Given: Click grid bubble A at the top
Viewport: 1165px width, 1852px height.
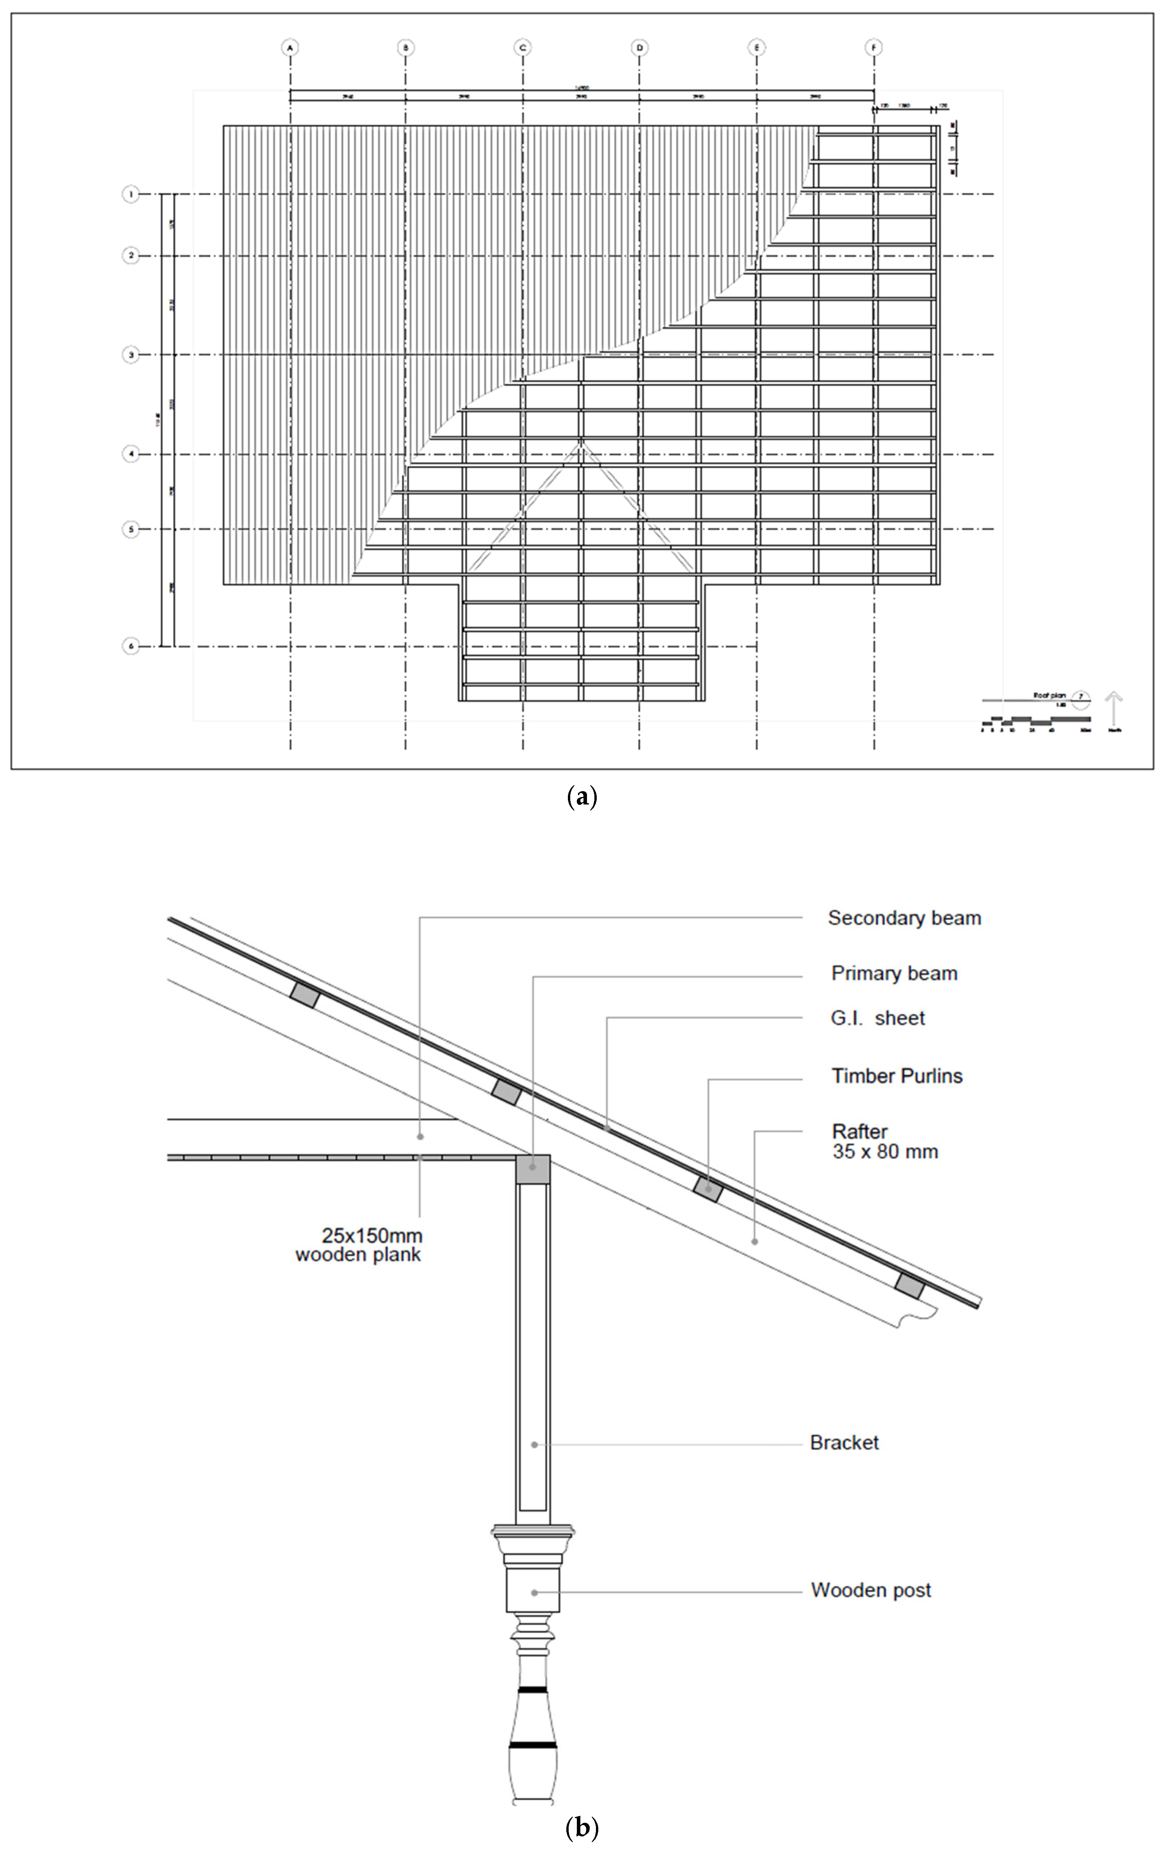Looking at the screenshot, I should point(290,48).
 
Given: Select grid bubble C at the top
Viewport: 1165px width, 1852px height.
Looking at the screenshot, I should point(523,48).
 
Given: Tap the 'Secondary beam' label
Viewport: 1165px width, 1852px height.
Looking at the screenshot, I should point(904,917).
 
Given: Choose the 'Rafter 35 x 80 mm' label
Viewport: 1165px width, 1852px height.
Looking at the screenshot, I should point(885,1141).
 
